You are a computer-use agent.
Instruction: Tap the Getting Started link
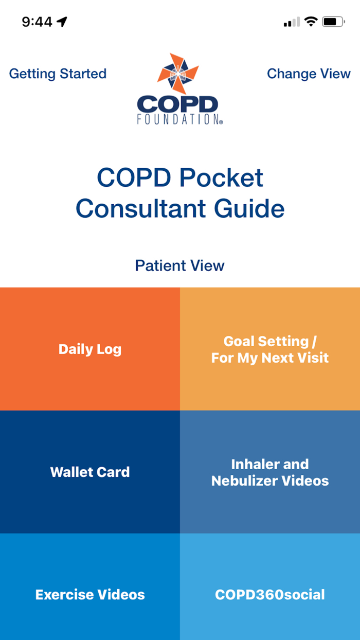58,74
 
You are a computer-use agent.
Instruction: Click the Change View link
309,74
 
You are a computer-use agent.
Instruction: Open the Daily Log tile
90,349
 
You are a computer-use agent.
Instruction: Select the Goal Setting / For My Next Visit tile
270,349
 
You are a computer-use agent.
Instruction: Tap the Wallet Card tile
90,472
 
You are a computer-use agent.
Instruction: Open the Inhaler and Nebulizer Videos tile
270,472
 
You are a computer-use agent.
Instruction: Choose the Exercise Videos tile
90,594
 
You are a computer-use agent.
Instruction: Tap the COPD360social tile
270,594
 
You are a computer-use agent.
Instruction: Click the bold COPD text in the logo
177,104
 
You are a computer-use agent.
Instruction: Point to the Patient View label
179,265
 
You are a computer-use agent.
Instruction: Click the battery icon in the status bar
334,22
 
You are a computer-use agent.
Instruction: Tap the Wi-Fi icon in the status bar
311,22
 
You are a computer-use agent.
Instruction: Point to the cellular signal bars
292,22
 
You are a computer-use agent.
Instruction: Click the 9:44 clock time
37,22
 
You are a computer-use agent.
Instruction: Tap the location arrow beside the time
62,22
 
